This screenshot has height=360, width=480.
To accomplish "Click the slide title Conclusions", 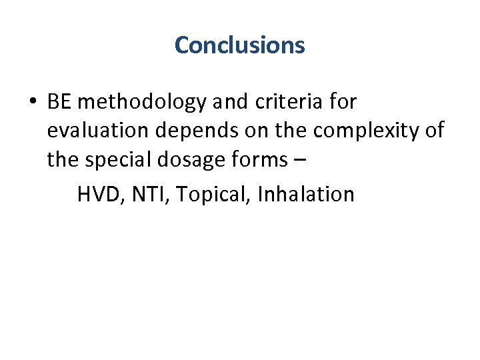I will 239,45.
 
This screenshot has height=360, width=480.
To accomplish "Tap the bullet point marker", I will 31,103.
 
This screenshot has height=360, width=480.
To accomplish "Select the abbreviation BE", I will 59,102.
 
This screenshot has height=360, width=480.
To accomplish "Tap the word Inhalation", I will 305,195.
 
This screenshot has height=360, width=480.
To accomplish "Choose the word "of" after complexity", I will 435,131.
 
